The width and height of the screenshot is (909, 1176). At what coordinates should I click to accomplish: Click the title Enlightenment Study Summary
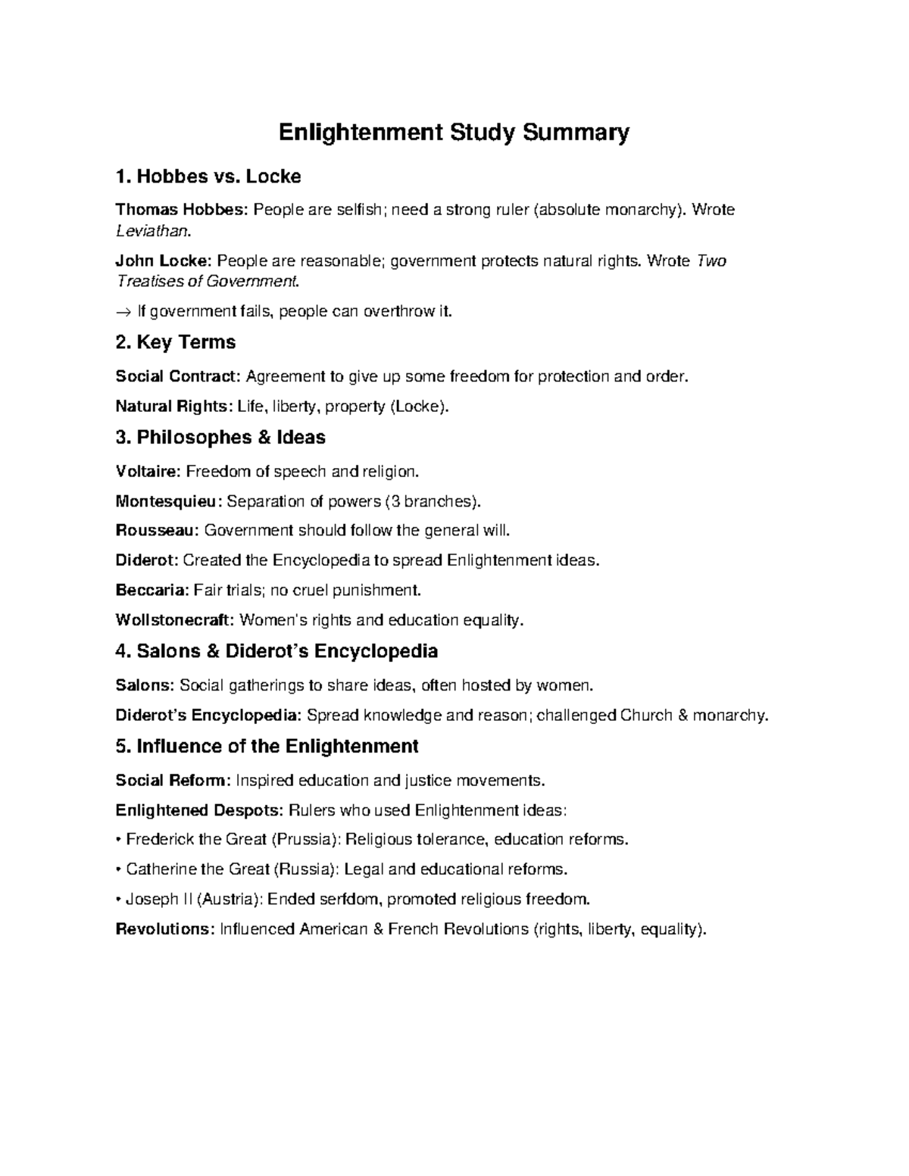pos(454,133)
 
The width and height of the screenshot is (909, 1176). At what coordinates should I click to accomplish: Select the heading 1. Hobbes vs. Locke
pos(208,177)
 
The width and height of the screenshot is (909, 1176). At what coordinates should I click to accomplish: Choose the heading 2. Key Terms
pos(175,342)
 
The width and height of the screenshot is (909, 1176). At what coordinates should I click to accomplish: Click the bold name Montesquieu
pos(169,501)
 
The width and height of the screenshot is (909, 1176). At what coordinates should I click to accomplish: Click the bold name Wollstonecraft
pos(175,620)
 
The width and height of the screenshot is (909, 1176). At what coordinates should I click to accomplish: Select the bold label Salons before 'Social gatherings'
pos(144,686)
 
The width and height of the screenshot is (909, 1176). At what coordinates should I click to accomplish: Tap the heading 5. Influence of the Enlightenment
pos(267,747)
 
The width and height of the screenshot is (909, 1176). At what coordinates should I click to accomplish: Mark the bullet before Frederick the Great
pos(118,840)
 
